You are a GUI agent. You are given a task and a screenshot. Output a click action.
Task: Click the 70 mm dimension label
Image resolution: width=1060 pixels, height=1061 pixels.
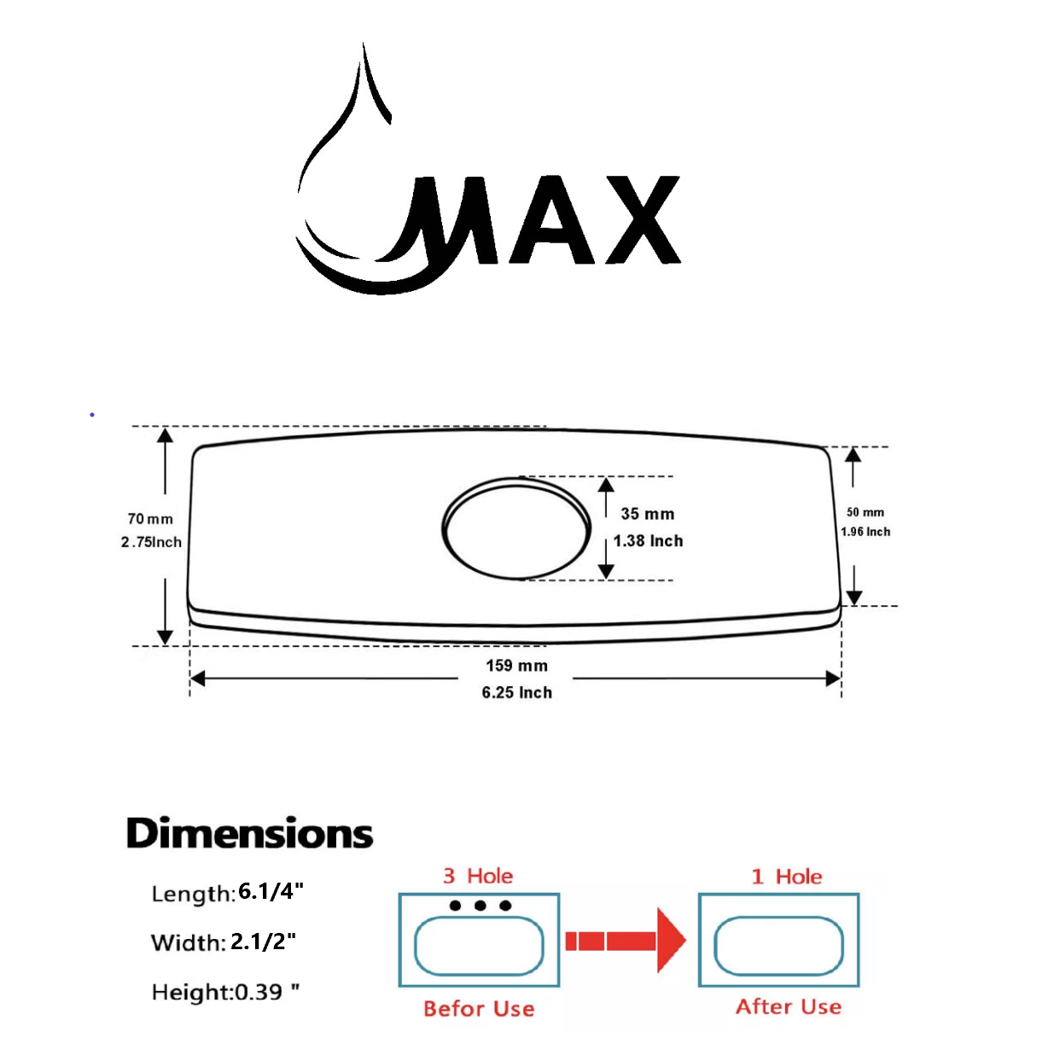click(x=150, y=519)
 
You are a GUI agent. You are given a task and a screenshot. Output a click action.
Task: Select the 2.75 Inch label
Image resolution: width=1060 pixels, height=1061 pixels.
click(x=151, y=542)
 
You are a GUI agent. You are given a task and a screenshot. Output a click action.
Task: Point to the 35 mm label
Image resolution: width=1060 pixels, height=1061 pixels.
click(x=648, y=514)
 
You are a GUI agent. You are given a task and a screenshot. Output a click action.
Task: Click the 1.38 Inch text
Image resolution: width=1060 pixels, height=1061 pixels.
click(x=648, y=541)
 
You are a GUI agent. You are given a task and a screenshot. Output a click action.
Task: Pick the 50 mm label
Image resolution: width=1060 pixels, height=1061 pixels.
click(x=865, y=512)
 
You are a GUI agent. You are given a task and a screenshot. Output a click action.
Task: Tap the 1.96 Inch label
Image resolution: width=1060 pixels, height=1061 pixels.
click(x=865, y=532)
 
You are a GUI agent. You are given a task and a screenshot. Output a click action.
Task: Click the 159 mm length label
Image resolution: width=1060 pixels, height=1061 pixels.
click(x=517, y=666)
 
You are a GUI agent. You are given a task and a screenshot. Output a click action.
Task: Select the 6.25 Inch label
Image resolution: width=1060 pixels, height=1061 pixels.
click(x=517, y=692)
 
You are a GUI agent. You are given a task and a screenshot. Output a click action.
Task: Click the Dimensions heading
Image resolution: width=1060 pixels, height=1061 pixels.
click(x=249, y=833)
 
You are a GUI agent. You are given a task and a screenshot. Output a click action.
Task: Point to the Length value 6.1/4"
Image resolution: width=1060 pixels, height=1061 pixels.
click(x=271, y=892)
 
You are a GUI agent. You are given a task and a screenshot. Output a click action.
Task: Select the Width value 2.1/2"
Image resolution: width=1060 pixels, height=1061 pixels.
click(x=263, y=941)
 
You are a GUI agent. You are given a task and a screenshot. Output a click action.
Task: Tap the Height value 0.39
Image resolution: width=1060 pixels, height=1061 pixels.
click(x=259, y=992)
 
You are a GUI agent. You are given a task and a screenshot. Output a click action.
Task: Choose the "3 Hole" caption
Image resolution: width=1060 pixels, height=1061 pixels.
click(x=478, y=876)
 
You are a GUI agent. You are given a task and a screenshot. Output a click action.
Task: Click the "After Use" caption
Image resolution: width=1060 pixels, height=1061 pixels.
click(x=789, y=1007)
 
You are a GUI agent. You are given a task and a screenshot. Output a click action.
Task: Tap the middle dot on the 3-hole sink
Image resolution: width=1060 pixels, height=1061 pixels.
click(x=480, y=906)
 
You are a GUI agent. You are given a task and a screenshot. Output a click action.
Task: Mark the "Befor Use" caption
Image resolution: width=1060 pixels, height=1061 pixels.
click(x=479, y=1009)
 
